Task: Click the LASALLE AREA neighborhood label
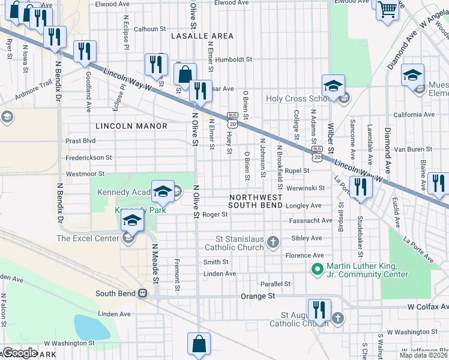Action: (202, 36)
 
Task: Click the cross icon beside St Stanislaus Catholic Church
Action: (273, 242)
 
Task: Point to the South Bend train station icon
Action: (142, 293)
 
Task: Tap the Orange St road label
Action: (258, 296)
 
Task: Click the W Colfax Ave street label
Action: (427, 307)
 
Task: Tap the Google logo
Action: (19, 353)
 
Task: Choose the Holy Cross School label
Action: (295, 99)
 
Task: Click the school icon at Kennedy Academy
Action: (162, 191)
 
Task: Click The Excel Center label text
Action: (88, 238)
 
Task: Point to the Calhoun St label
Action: (149, 29)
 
